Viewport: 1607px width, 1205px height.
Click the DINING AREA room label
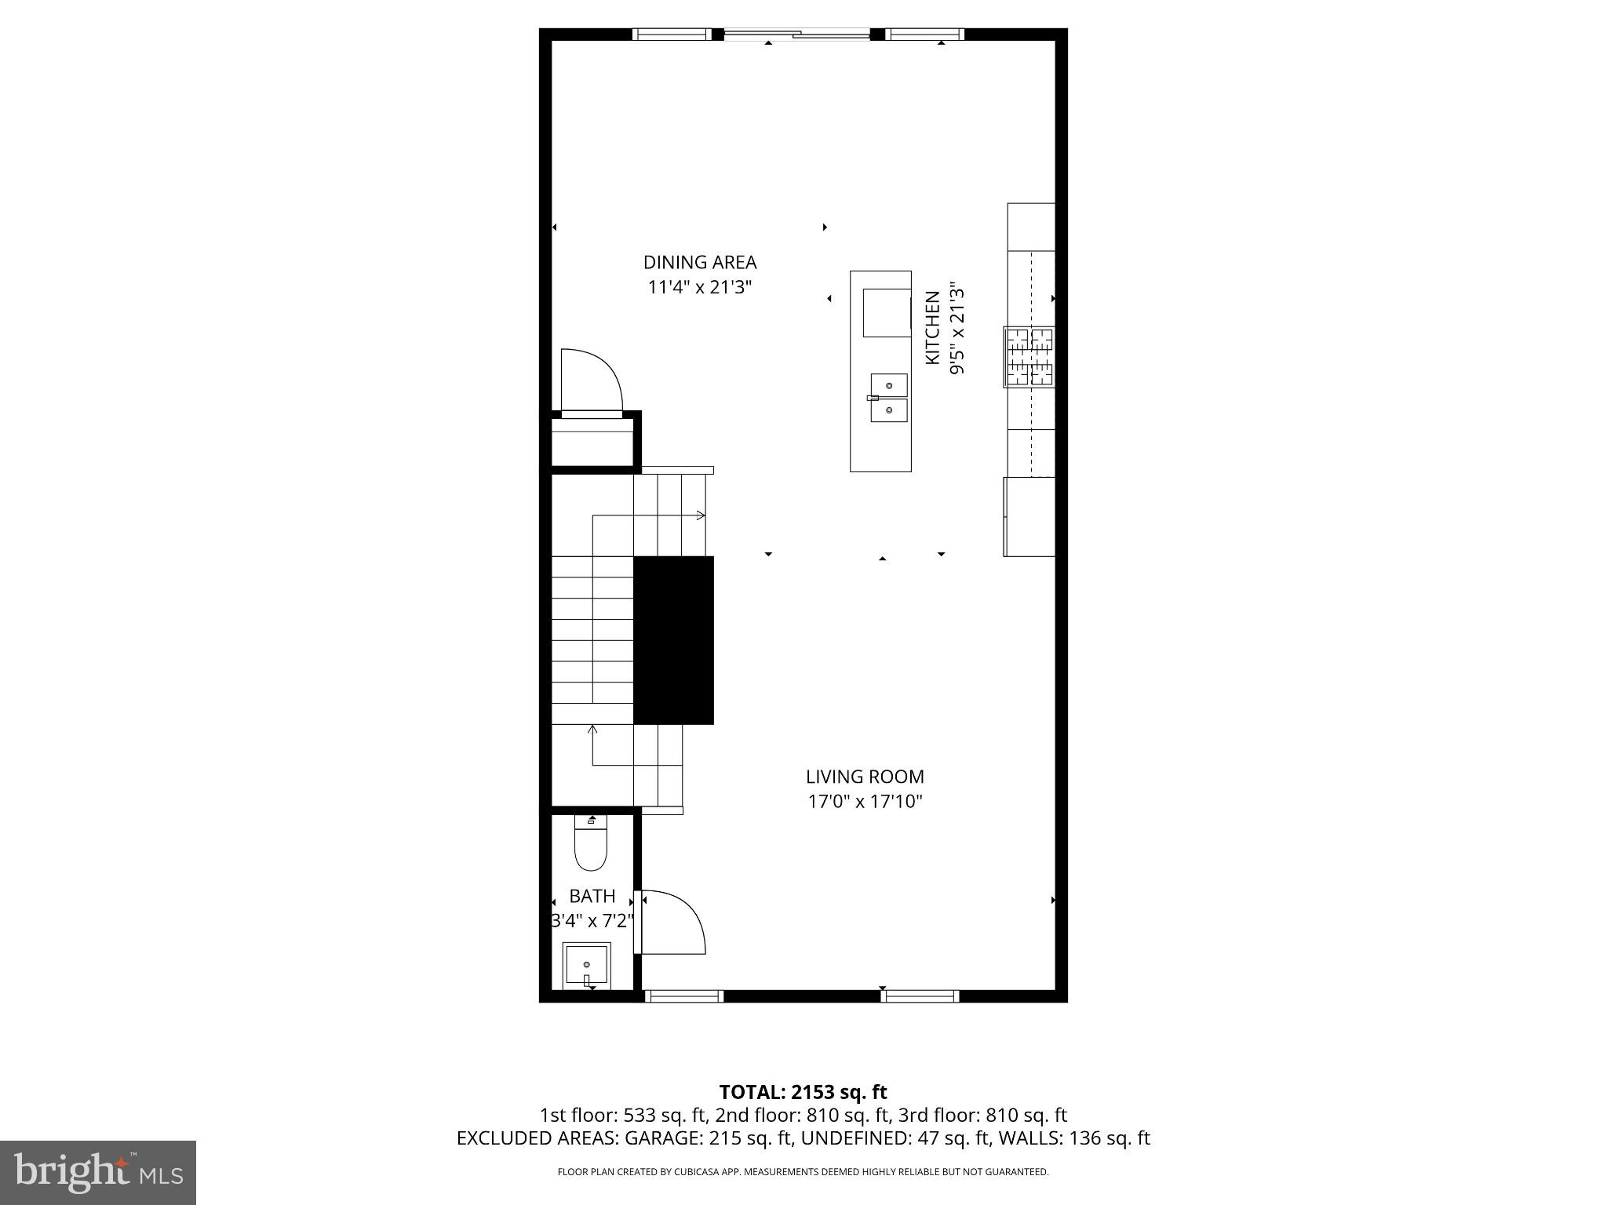point(700,262)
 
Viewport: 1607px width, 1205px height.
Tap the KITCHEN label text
point(932,327)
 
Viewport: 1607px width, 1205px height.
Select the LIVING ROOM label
point(865,777)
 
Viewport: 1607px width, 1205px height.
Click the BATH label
point(592,896)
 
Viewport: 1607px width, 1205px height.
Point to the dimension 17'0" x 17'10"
point(865,802)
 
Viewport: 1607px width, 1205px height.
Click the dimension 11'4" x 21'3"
point(700,287)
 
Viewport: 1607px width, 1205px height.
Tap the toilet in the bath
point(591,845)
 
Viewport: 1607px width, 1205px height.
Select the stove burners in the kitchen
point(1029,358)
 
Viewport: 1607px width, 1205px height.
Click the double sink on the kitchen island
point(889,398)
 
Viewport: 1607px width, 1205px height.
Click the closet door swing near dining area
point(592,380)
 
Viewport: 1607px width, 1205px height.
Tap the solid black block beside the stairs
point(673,640)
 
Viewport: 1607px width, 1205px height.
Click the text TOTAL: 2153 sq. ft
point(803,1092)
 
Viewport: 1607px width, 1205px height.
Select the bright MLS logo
point(97,1172)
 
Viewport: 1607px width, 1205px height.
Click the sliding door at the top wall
point(797,34)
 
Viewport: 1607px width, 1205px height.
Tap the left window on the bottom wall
point(683,996)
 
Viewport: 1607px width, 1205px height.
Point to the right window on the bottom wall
point(920,996)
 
